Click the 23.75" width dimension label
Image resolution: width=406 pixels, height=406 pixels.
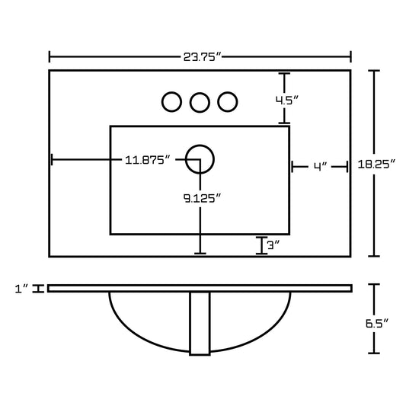203,57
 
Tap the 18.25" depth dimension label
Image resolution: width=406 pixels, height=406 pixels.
376,165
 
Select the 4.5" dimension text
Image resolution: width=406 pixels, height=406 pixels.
287,100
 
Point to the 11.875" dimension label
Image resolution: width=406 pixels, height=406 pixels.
148,160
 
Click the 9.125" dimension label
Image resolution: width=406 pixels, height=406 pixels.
202,198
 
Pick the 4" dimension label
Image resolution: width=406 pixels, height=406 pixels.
321,167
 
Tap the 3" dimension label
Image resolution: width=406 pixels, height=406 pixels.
273,245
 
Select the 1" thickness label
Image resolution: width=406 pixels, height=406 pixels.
21,289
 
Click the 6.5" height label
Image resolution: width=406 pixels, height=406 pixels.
377,323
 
